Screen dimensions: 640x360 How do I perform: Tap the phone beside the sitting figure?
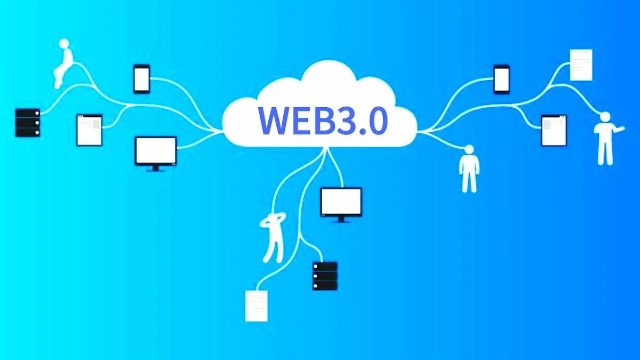pos(141,78)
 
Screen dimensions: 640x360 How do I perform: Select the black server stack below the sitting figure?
pos(28,123)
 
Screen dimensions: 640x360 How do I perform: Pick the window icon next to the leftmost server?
pos(89,130)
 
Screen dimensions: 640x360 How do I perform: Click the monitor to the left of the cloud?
pos(156,151)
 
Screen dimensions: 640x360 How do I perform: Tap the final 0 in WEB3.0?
pos(377,121)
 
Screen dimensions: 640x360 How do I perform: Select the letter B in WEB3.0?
pos(318,121)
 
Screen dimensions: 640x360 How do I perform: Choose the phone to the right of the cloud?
pos(501,78)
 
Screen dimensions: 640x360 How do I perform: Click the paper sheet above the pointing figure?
pos(581,65)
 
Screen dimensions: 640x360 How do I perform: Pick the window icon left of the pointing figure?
pos(554,130)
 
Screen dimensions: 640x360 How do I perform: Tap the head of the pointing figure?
pos(604,116)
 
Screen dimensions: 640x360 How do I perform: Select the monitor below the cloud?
pos(341,202)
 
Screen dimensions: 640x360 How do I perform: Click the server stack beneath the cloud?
pos(325,276)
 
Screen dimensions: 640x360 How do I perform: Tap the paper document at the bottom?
pos(256,306)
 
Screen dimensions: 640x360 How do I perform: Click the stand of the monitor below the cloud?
pos(341,219)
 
